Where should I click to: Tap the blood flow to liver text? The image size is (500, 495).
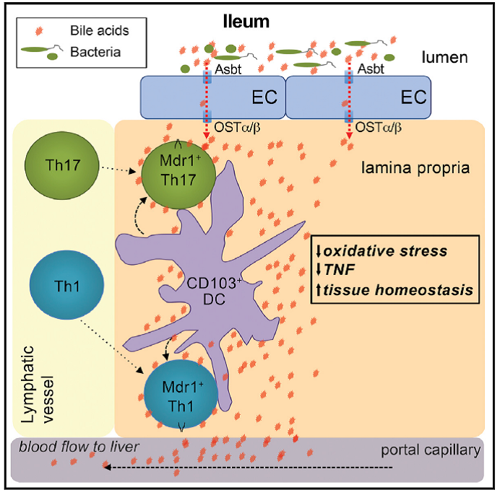pyautogui.click(x=80, y=447)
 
